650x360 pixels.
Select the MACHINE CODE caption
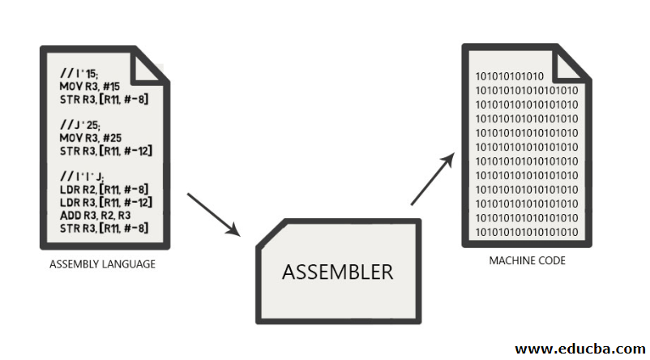click(527, 260)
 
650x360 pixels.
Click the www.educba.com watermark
click(579, 348)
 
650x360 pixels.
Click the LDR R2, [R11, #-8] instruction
click(104, 188)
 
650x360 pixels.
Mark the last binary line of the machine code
click(526, 233)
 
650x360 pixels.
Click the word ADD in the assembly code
click(70, 214)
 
